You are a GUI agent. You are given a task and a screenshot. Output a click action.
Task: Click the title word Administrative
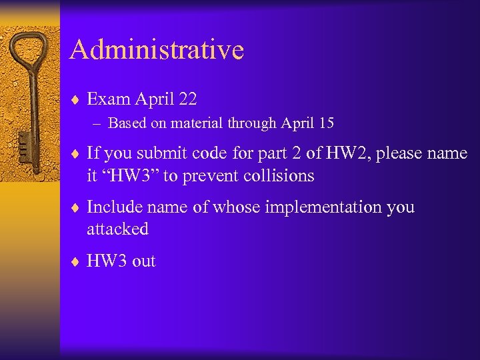[x=157, y=50]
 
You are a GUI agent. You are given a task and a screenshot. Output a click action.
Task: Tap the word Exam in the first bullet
[x=109, y=99]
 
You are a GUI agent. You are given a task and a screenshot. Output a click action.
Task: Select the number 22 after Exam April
[x=187, y=99]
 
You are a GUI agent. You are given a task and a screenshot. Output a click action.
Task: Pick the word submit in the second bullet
[x=159, y=153]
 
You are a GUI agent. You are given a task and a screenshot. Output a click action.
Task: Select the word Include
[x=112, y=207]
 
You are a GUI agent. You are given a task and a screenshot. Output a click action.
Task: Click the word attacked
[x=117, y=229]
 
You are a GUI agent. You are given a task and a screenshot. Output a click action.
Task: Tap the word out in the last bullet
[x=143, y=261]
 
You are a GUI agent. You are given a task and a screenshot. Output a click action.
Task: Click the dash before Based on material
[x=99, y=123]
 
